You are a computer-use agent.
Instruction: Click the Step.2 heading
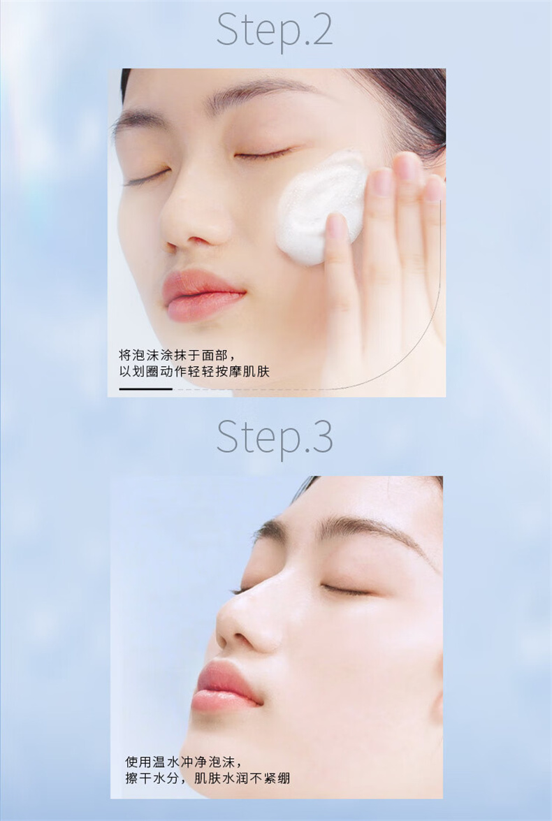[275, 31]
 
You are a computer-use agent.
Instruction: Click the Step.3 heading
[275, 437]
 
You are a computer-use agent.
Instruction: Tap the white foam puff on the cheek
[321, 208]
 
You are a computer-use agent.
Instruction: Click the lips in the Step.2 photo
[203, 295]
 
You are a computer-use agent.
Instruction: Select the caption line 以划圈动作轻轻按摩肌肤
[194, 372]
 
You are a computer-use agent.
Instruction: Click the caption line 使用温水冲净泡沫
[183, 762]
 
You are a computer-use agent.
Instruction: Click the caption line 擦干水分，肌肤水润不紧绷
[208, 778]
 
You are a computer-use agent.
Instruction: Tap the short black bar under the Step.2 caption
[145, 388]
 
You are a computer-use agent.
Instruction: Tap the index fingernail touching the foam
[337, 225]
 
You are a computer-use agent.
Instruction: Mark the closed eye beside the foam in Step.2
[262, 154]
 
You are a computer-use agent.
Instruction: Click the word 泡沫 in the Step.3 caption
[221, 762]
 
